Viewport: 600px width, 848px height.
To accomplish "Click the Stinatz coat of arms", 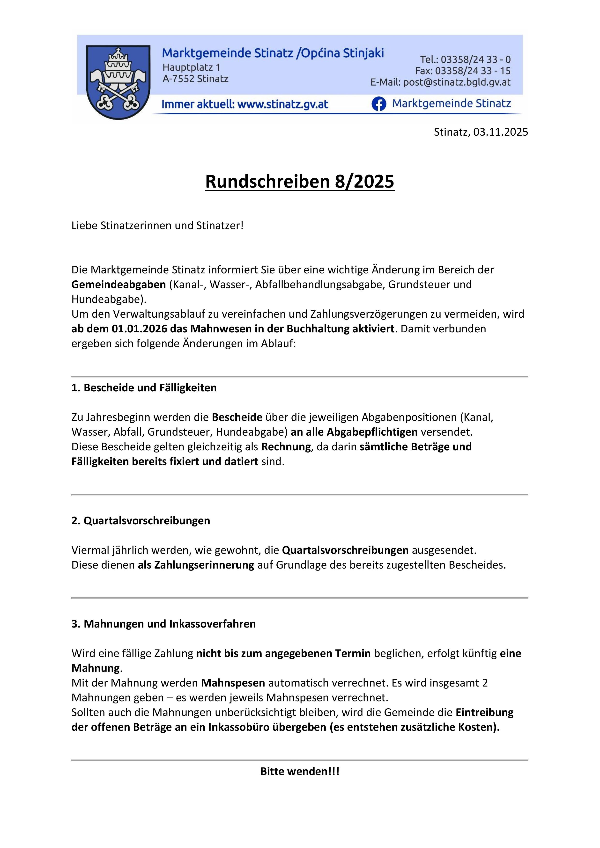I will (x=118, y=82).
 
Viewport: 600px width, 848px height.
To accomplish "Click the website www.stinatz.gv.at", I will (x=283, y=104).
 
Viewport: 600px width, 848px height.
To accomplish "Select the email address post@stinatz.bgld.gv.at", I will (x=457, y=82).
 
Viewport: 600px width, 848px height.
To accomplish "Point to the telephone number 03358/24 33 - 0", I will (x=476, y=59).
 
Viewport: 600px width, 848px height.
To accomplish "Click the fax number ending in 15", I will (x=473, y=71).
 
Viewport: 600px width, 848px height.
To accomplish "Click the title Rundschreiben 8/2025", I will (x=300, y=181).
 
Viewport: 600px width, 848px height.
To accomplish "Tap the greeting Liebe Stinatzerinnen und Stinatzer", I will (x=157, y=225).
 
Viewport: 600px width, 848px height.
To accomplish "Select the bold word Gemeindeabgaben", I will (x=119, y=284).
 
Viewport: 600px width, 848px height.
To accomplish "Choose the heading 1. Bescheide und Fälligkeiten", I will (x=144, y=388).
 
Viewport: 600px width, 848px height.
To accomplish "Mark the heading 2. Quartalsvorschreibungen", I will (x=141, y=520).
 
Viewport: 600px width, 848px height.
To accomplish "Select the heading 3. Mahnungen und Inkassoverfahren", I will (x=164, y=624).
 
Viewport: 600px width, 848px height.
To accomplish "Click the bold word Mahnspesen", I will (x=233, y=683).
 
